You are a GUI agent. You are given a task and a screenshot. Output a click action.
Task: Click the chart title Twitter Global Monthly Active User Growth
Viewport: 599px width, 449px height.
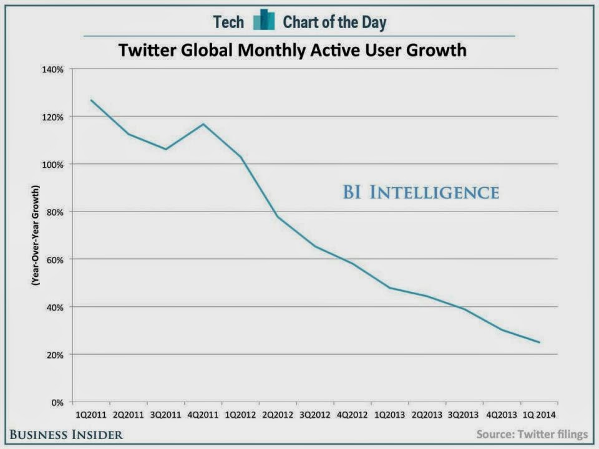coord(293,49)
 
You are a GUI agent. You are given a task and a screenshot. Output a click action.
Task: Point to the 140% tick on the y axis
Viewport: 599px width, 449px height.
coord(54,69)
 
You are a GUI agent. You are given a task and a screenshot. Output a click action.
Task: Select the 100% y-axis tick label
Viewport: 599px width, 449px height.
coord(54,164)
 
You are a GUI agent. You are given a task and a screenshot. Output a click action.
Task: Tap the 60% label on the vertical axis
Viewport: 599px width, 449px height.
coord(56,259)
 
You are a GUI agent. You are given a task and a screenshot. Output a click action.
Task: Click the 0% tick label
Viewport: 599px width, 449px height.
coord(57,402)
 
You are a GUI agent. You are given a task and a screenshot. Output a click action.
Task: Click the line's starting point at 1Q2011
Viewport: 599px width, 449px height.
coord(90,100)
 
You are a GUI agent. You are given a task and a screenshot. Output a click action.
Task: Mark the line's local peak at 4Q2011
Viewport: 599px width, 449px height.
coord(203,123)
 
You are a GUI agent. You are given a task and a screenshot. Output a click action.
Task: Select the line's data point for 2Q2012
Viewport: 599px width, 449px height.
coord(277,216)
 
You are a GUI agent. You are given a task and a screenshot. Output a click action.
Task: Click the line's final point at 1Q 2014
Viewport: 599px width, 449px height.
coord(539,342)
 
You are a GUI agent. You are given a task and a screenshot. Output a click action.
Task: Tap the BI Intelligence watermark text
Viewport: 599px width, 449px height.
coord(421,192)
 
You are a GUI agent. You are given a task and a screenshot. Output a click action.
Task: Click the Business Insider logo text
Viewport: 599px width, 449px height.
coord(66,434)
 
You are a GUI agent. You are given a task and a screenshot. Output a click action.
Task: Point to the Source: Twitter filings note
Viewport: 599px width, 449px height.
coord(532,434)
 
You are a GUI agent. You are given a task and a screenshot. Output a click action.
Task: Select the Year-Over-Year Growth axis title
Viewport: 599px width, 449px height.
coord(36,235)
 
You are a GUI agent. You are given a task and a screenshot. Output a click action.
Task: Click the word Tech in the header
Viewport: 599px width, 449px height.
coord(228,22)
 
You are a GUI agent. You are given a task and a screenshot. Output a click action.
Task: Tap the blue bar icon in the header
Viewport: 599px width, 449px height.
coord(264,21)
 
